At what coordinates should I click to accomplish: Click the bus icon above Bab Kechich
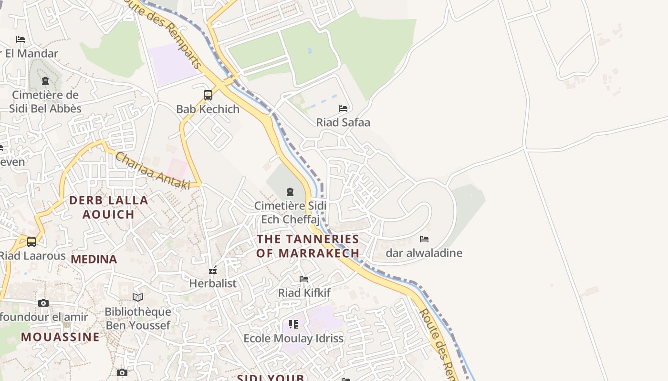(x=208, y=95)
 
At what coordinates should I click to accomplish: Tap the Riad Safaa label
(x=343, y=122)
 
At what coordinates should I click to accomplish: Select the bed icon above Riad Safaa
(x=343, y=109)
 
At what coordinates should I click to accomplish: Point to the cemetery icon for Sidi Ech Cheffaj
(x=290, y=192)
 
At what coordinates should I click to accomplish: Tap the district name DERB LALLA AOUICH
(x=109, y=207)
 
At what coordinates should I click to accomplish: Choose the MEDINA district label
(x=94, y=259)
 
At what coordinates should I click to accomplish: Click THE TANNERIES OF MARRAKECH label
(x=308, y=246)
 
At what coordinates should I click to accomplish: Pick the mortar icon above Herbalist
(x=213, y=270)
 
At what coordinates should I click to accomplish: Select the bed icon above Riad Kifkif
(x=304, y=279)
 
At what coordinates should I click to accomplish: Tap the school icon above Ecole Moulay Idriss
(x=293, y=324)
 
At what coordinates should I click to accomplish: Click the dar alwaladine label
(x=424, y=253)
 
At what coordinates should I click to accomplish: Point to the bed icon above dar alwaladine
(x=424, y=239)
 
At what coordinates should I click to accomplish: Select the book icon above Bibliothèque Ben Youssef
(x=138, y=298)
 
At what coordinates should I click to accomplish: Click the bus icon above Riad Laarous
(x=31, y=242)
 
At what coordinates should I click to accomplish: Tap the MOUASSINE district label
(x=60, y=337)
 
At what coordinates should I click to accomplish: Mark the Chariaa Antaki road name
(x=153, y=170)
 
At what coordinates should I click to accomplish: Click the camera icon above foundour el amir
(x=43, y=303)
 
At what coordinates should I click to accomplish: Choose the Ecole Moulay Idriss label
(x=293, y=339)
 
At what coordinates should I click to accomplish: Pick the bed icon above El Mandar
(x=21, y=40)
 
